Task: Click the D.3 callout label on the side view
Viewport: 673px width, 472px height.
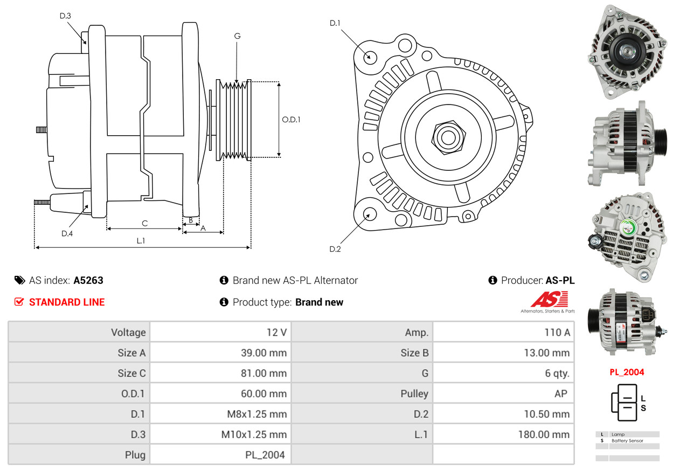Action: click(x=65, y=16)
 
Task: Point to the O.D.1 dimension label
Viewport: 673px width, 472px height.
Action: click(x=291, y=120)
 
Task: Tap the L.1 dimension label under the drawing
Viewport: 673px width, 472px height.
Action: click(x=141, y=241)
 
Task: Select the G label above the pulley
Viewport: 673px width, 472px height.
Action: click(x=237, y=36)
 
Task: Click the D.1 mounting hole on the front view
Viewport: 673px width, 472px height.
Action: click(x=370, y=57)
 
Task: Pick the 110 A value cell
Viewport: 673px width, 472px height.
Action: click(x=557, y=332)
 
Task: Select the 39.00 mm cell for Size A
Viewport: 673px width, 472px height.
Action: click(x=263, y=353)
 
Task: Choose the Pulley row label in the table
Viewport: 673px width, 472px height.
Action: click(x=414, y=394)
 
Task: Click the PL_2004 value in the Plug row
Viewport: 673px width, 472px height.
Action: click(x=265, y=455)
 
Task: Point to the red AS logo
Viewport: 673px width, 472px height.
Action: click(x=549, y=299)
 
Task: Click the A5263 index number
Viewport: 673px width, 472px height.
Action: click(x=88, y=280)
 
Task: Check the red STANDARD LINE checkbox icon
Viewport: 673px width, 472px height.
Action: click(x=19, y=302)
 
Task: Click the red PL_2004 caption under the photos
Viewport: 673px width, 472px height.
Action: click(x=627, y=372)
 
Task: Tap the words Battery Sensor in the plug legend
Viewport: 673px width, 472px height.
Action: click(x=627, y=441)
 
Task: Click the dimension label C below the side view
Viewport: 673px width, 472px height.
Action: click(x=144, y=223)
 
